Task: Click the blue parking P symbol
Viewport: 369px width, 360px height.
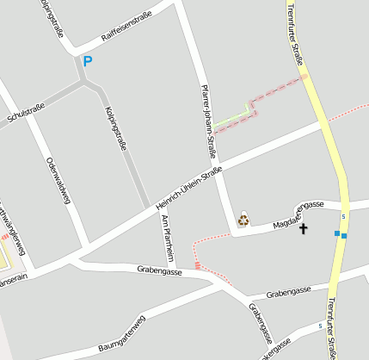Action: pos(86,60)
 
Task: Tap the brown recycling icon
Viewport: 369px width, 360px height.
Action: pos(243,219)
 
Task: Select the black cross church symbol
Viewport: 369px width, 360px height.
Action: pos(302,228)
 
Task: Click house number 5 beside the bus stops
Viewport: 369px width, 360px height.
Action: pos(343,216)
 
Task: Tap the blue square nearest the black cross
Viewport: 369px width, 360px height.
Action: pos(336,233)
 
